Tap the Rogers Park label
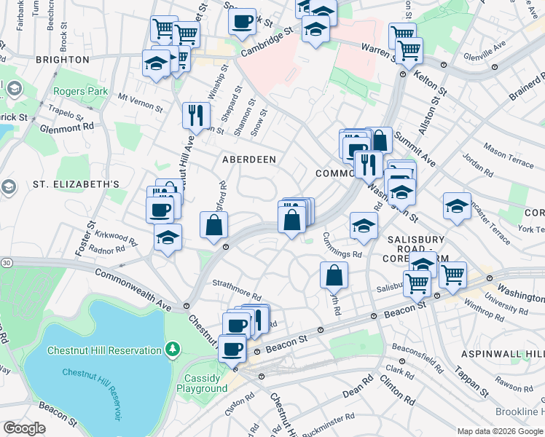coord(80,92)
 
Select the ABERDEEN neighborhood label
coord(248,160)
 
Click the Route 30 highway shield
coord(6,262)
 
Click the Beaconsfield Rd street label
coord(417,357)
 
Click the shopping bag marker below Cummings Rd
coord(334,276)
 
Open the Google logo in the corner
coord(24,428)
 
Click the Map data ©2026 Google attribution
coord(499,431)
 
